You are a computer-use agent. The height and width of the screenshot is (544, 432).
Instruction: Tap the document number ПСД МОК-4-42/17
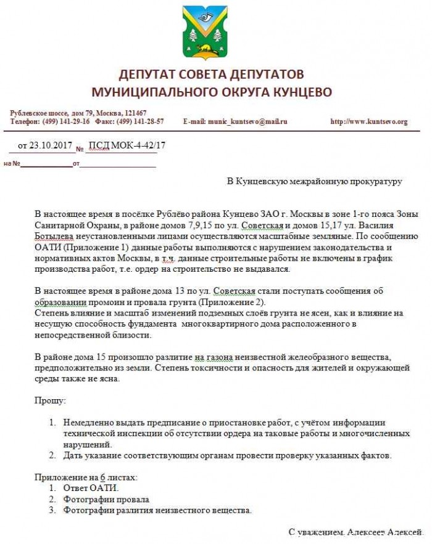click(x=128, y=146)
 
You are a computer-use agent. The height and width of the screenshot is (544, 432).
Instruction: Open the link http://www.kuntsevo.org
click(x=369, y=121)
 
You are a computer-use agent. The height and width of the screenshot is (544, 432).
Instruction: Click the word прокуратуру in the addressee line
click(x=373, y=181)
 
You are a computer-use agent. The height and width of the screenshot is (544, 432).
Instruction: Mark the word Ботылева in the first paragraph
click(x=54, y=235)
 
